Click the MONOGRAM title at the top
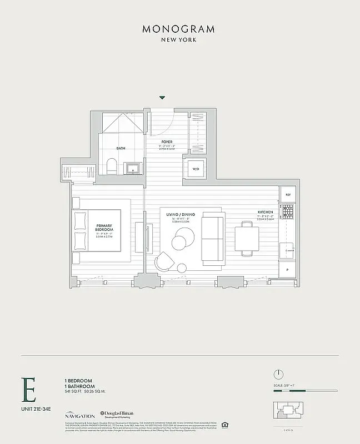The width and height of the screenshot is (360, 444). [178, 29]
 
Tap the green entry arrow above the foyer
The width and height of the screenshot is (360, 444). [162, 98]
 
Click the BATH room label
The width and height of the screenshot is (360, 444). [121, 148]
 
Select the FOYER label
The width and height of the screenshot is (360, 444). [167, 142]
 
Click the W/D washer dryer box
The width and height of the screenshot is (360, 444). [196, 169]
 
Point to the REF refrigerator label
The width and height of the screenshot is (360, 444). [288, 195]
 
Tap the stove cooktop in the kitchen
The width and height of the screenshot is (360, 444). [288, 211]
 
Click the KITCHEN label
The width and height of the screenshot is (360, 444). [266, 213]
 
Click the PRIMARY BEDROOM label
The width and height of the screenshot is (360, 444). [104, 228]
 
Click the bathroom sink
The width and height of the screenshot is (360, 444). [133, 168]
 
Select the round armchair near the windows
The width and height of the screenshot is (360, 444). [165, 261]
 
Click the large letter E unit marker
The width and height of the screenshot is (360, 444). [28, 391]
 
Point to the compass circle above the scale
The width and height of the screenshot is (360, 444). [278, 374]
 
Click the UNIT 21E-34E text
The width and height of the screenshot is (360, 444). [37, 410]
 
